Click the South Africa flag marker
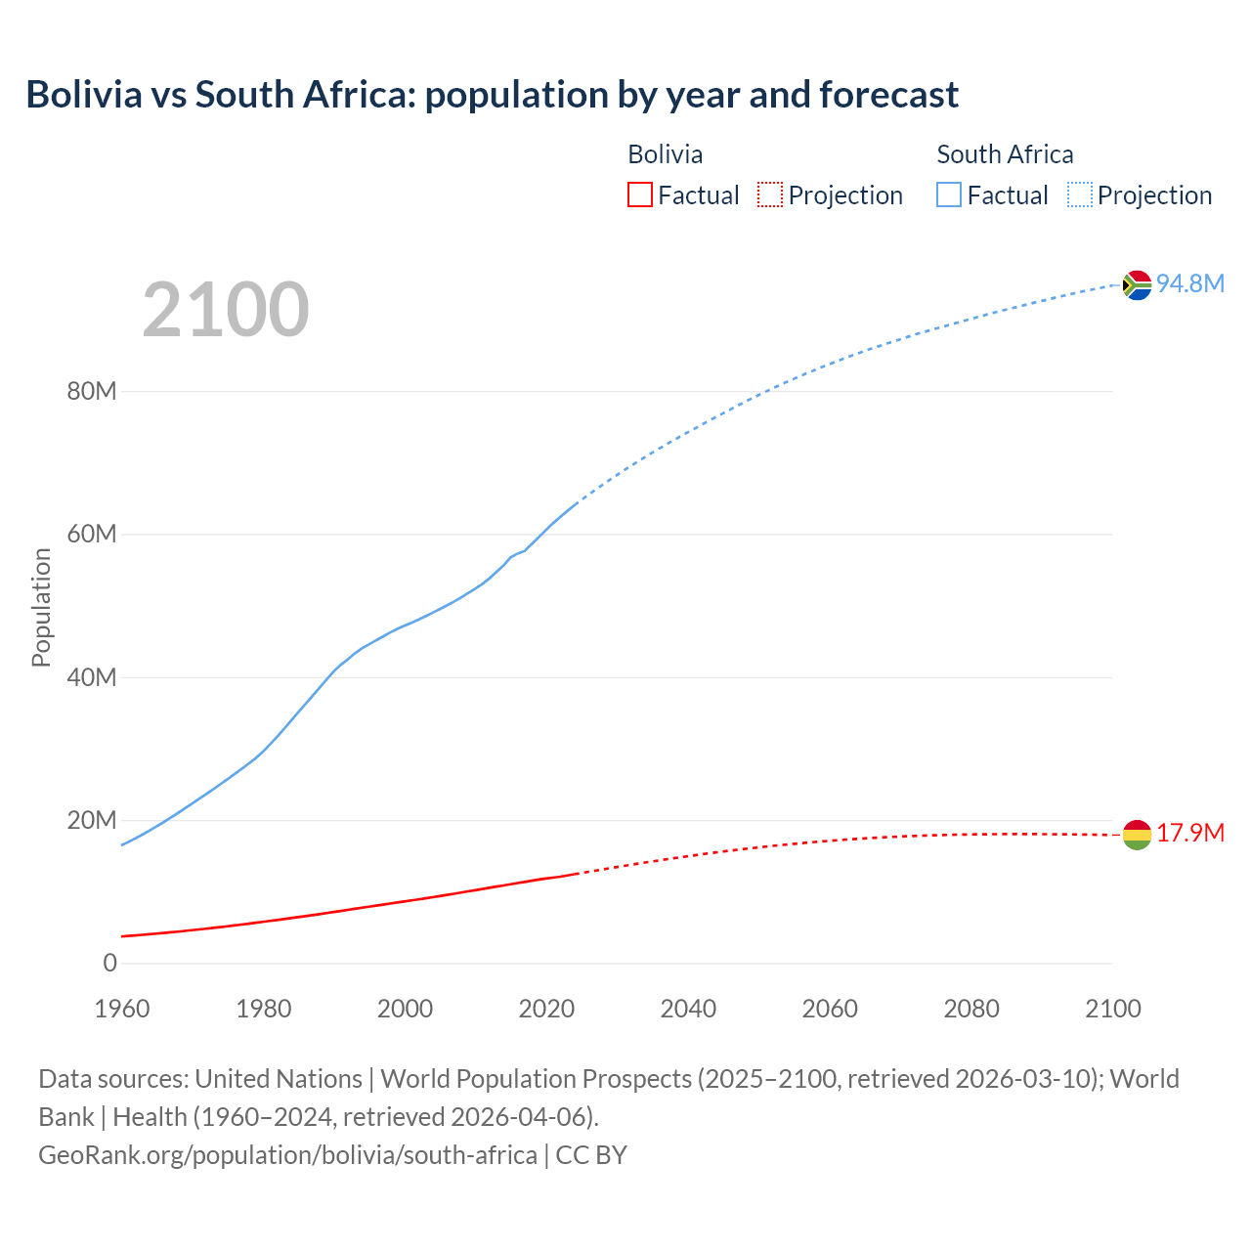tap(1137, 284)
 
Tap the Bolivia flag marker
tap(1137, 835)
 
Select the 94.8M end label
tap(1190, 283)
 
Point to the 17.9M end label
tap(1190, 833)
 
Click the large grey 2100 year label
tap(226, 310)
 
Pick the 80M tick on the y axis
tap(92, 392)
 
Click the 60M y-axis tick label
tap(92, 535)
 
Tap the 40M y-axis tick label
tap(92, 677)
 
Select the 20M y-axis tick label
tap(92, 820)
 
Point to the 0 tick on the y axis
tap(109, 963)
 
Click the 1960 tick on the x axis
tap(122, 1009)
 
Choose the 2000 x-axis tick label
tap(405, 1009)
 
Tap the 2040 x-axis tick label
tap(688, 1009)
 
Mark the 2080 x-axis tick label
tap(971, 1009)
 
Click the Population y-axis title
tap(41, 607)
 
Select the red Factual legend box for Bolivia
tap(640, 195)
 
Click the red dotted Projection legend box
tap(770, 195)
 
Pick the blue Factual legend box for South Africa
tap(949, 195)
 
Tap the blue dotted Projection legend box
tap(1080, 195)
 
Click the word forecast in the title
tap(888, 95)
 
